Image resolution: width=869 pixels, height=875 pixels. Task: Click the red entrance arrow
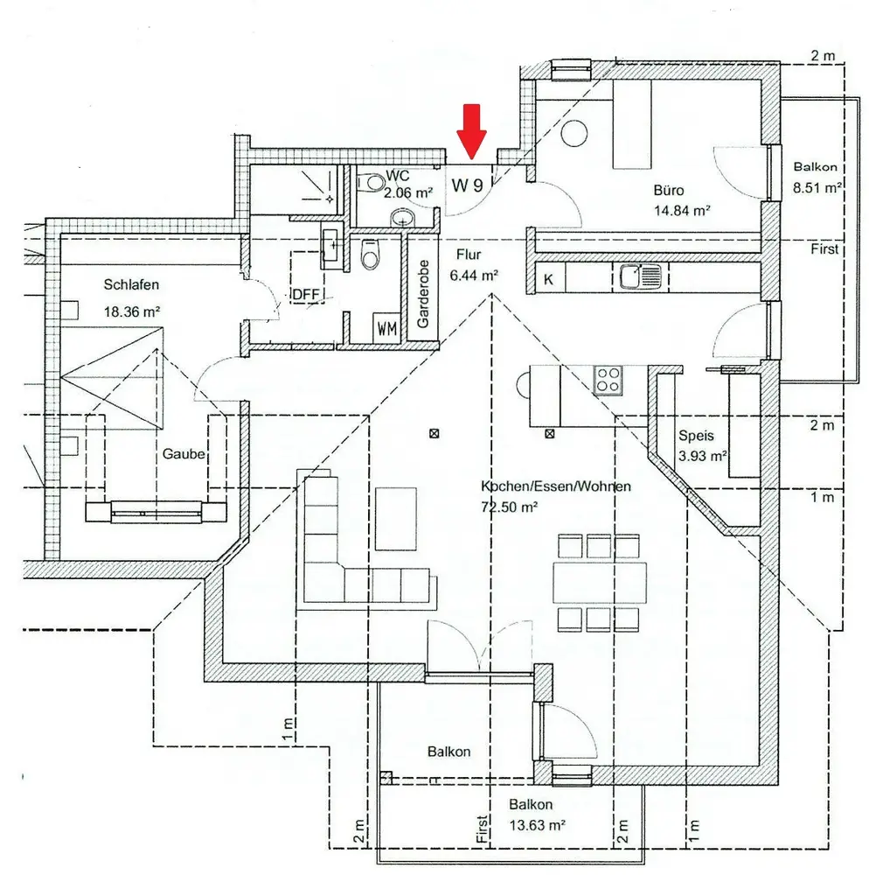pos(472,131)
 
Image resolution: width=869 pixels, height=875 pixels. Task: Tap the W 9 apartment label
pos(468,184)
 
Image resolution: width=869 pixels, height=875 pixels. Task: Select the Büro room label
pos(669,190)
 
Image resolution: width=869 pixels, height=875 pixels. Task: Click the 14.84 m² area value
pos(681,210)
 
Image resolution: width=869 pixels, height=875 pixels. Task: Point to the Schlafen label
pos(131,284)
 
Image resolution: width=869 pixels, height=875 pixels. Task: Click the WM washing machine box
pos(386,329)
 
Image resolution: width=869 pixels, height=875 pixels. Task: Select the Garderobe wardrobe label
pos(423,294)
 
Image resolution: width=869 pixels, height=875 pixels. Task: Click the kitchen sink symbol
pos(640,277)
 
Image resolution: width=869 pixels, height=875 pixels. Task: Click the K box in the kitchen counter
pos(549,279)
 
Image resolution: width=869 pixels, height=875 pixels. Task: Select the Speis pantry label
pos(697,436)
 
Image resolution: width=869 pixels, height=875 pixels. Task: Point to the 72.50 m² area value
pos(509,507)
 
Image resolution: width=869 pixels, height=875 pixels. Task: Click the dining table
pos(599,582)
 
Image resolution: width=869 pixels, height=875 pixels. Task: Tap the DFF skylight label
pos(306,294)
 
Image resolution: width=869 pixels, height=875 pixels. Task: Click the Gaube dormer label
pos(184,454)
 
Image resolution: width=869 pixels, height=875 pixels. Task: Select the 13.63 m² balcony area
pos(536,824)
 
